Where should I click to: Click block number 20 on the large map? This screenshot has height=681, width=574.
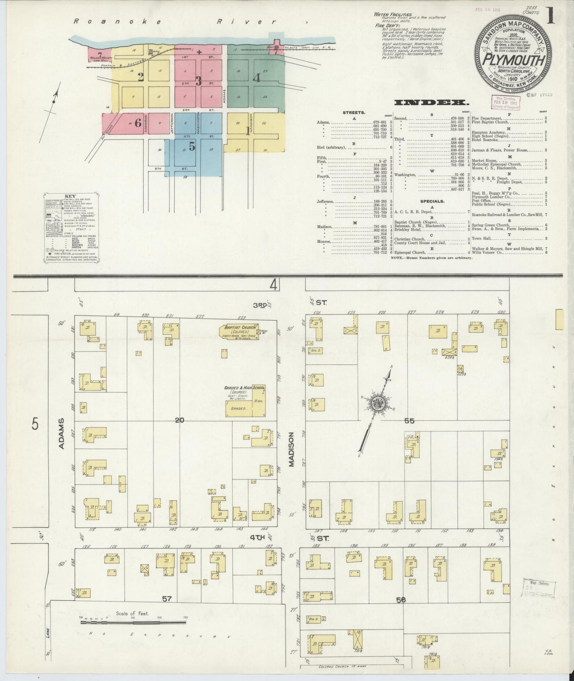(180, 420)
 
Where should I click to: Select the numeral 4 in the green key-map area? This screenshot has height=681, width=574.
(257, 78)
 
